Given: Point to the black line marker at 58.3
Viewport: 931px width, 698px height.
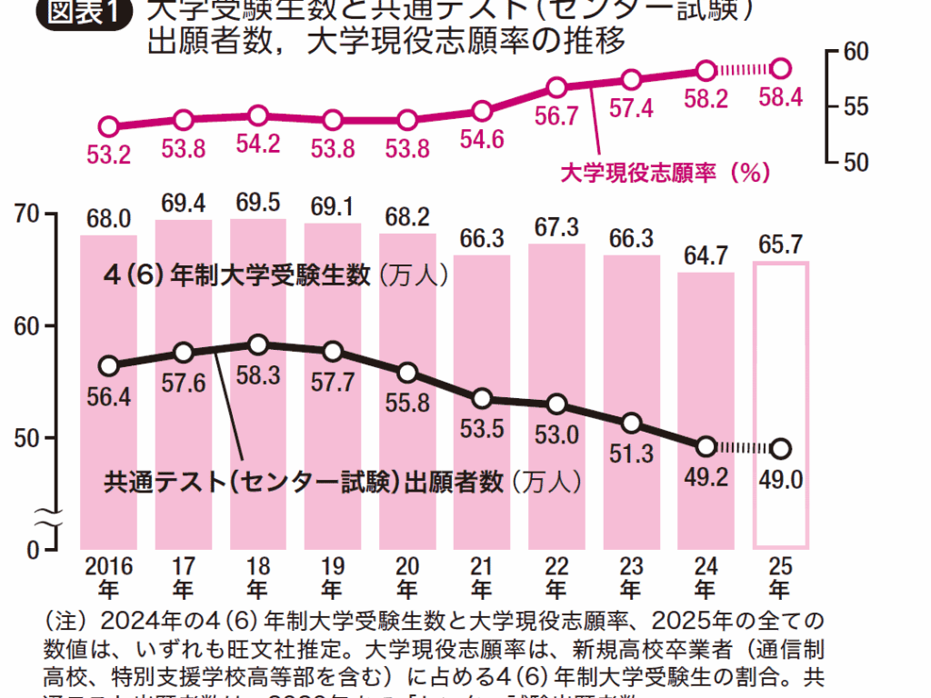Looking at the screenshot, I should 258,344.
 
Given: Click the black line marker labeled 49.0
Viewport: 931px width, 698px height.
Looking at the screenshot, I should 780,448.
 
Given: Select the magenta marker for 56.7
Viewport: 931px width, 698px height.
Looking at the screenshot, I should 557,88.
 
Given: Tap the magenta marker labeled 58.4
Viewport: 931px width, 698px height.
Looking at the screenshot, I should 780,68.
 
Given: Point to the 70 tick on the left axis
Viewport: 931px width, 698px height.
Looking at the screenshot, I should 30,214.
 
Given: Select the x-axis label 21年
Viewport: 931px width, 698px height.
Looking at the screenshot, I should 482,576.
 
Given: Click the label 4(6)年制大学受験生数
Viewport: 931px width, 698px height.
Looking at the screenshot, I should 238,275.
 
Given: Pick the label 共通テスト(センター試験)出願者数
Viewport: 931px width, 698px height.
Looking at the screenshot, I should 305,482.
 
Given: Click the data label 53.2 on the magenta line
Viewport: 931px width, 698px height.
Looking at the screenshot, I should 109,155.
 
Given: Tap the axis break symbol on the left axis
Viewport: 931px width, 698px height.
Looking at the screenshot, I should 47,520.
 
